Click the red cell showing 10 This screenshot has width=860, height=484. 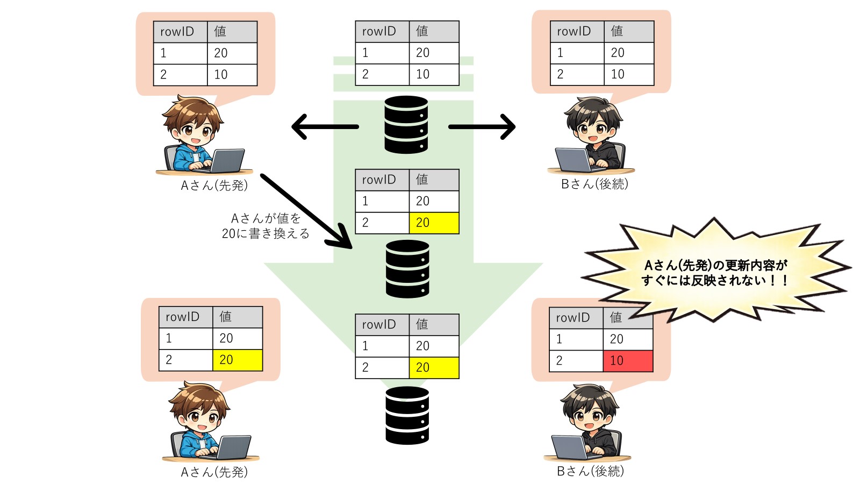coord(627,361)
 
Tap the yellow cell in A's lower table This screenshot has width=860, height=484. coord(237,360)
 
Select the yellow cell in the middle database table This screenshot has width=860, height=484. coord(434,223)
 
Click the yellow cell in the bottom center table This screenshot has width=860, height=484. coord(434,367)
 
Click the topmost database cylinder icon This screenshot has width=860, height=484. coord(406,124)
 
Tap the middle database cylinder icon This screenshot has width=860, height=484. coord(407,269)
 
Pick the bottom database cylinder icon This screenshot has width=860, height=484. coord(407,415)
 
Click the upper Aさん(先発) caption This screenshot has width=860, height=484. coord(214,186)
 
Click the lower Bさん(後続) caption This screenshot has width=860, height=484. coord(590,471)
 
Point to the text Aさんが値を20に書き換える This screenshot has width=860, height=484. coord(266,226)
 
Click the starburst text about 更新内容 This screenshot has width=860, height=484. coord(715,273)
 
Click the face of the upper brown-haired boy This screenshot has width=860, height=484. coord(193,131)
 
